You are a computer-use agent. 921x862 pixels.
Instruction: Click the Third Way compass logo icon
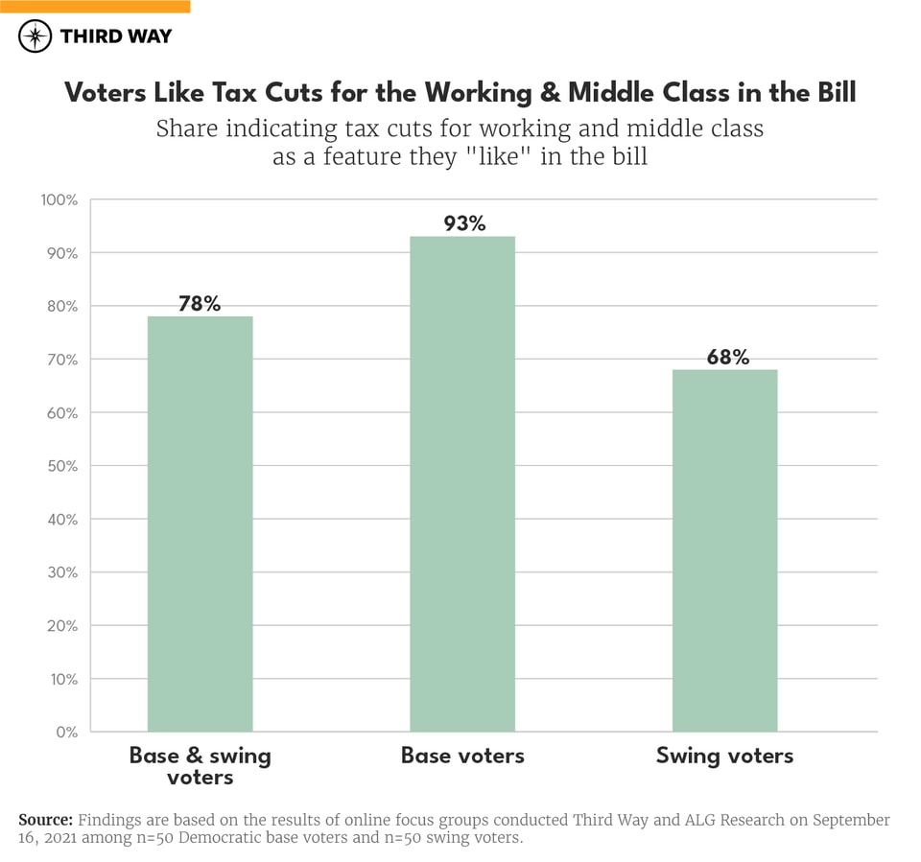point(35,36)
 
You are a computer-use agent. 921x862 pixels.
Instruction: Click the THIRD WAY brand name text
point(116,36)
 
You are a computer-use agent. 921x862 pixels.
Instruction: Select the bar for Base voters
point(462,484)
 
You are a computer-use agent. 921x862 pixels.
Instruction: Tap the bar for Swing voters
point(724,550)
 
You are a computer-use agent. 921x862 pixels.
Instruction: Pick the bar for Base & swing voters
point(200,524)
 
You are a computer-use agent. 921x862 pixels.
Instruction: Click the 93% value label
point(464,223)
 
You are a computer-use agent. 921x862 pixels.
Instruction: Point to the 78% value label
point(200,304)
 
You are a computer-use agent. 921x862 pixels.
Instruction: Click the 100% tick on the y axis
point(59,200)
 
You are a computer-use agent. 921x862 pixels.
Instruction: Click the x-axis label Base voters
point(462,756)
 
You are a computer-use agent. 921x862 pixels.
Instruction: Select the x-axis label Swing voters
point(724,756)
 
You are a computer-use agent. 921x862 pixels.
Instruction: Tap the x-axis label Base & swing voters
point(200,766)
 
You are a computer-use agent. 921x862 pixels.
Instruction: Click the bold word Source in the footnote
point(46,821)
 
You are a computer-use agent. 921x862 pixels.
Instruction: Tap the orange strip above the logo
point(95,6)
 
